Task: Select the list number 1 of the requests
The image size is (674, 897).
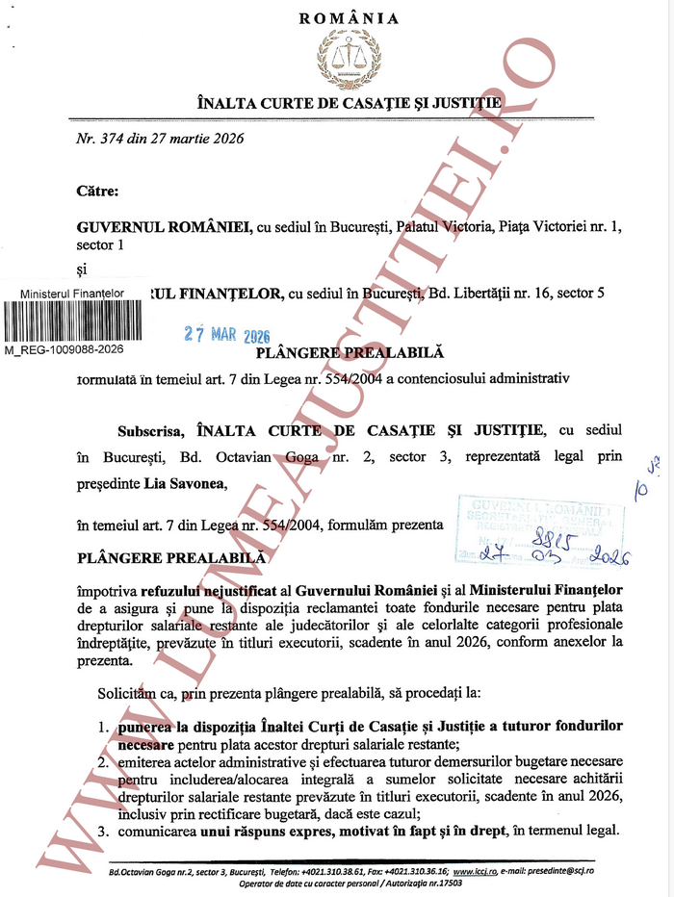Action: coord(102,724)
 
